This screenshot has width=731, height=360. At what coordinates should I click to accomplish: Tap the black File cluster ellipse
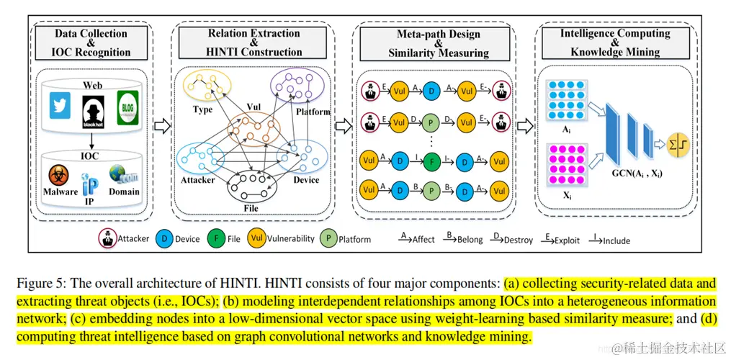click(252, 189)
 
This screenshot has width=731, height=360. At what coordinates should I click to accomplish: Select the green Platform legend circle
click(328, 238)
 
